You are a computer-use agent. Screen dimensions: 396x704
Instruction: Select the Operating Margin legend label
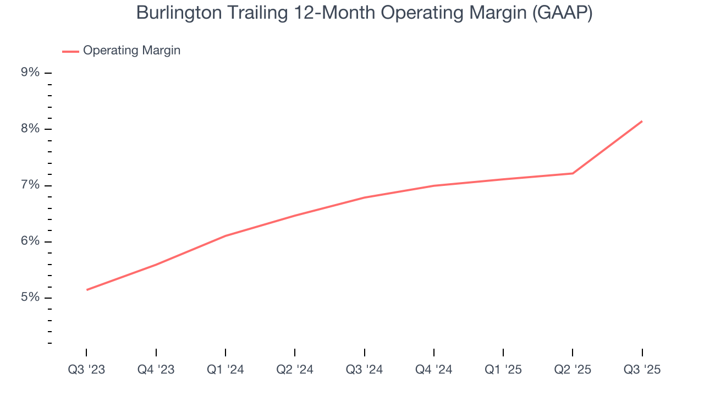coord(131,51)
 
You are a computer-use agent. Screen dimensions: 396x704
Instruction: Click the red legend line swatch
coord(70,51)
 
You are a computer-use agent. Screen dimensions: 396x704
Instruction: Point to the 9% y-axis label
coord(30,73)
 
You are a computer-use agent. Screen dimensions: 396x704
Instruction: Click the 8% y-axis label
coord(30,129)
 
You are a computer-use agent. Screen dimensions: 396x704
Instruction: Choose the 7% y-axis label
coord(30,185)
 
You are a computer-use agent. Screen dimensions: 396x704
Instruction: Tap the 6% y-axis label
coord(30,241)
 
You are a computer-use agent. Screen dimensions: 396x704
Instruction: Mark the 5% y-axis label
coord(30,298)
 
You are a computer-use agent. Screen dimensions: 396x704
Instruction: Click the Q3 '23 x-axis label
coord(86,370)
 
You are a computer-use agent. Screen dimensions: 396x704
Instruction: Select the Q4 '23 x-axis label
coord(156,370)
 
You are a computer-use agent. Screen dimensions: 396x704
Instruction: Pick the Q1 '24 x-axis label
coord(226,370)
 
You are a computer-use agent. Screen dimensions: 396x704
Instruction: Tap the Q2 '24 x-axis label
coord(295,370)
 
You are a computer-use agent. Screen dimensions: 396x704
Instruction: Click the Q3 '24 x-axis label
coord(364,370)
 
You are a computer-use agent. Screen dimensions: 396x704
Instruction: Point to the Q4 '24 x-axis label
coord(434,370)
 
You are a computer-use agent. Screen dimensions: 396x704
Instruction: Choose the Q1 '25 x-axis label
coord(503,370)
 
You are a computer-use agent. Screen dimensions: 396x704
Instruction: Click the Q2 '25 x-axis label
coord(573,370)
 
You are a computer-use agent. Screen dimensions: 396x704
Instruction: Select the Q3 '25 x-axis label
coord(642,370)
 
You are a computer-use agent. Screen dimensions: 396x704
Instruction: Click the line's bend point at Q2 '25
coord(573,173)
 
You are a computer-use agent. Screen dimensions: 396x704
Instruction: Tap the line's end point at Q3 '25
coord(642,122)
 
